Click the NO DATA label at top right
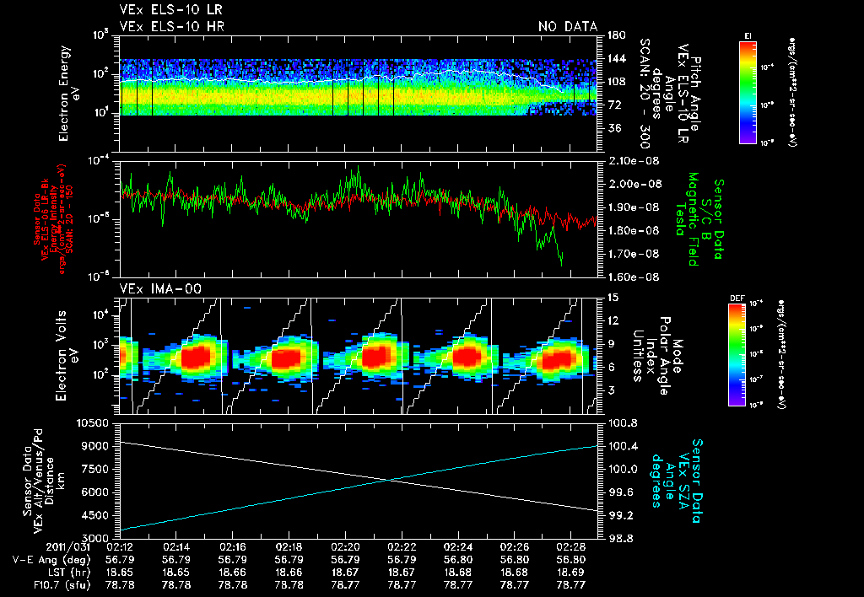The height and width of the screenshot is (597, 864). (x=567, y=26)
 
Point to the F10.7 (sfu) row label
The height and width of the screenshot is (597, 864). (x=35, y=584)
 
